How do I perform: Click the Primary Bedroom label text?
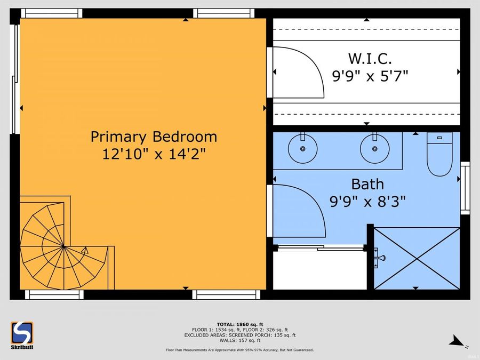point(154,137)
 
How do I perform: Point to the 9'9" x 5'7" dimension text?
point(370,76)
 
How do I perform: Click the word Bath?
point(367,185)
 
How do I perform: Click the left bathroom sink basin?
point(302,148)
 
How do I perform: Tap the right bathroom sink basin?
point(374,148)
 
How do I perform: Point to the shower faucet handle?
point(380,258)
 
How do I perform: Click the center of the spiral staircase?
point(63,246)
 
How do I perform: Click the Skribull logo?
point(22,335)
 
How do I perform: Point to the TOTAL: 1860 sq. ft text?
point(239,324)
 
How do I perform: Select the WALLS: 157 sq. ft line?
point(239,340)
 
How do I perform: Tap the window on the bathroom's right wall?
point(465,188)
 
